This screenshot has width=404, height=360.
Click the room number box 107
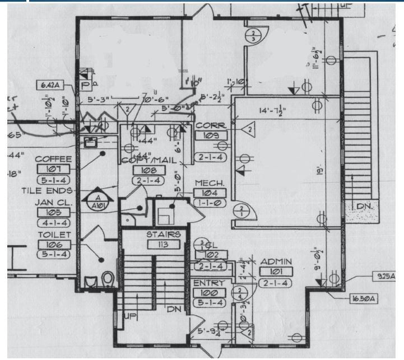pyautogui.click(x=53, y=169)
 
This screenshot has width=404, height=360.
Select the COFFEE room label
pyautogui.click(x=53, y=159)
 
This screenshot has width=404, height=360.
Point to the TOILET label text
pyautogui.click(x=54, y=235)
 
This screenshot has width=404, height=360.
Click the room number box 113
pyautogui.click(x=164, y=244)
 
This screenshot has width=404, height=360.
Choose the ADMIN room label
pyautogui.click(x=275, y=262)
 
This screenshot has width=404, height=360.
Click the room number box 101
pyautogui.click(x=275, y=272)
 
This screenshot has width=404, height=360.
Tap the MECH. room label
pyautogui.click(x=210, y=183)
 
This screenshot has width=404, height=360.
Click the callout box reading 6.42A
pyautogui.click(x=50, y=85)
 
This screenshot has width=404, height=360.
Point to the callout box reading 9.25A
pyautogui.click(x=384, y=277)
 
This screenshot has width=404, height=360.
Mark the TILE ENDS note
pyautogui.click(x=47, y=190)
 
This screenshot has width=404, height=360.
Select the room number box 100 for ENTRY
pyautogui.click(x=209, y=293)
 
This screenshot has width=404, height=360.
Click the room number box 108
pyautogui.click(x=148, y=171)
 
